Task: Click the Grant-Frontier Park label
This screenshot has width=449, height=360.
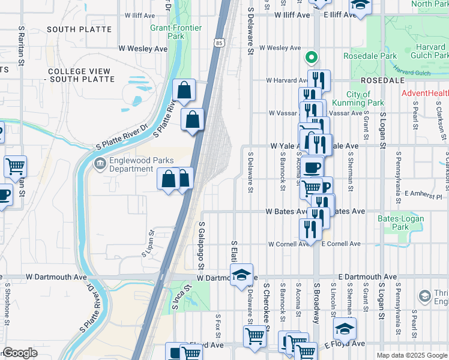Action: [175, 32]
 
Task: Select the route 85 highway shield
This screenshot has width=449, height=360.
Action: [218, 43]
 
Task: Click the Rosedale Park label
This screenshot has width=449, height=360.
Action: [370, 56]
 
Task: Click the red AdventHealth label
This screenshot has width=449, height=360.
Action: [425, 93]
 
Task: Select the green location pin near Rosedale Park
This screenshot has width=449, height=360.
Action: [312, 58]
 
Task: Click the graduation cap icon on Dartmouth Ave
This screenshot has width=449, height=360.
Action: [241, 275]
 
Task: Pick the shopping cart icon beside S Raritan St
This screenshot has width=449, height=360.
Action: [16, 166]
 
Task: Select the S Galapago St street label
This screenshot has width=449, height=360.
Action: [202, 244]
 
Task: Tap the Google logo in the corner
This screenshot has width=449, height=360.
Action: [20, 353]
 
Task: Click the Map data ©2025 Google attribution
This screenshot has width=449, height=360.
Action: [411, 355]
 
